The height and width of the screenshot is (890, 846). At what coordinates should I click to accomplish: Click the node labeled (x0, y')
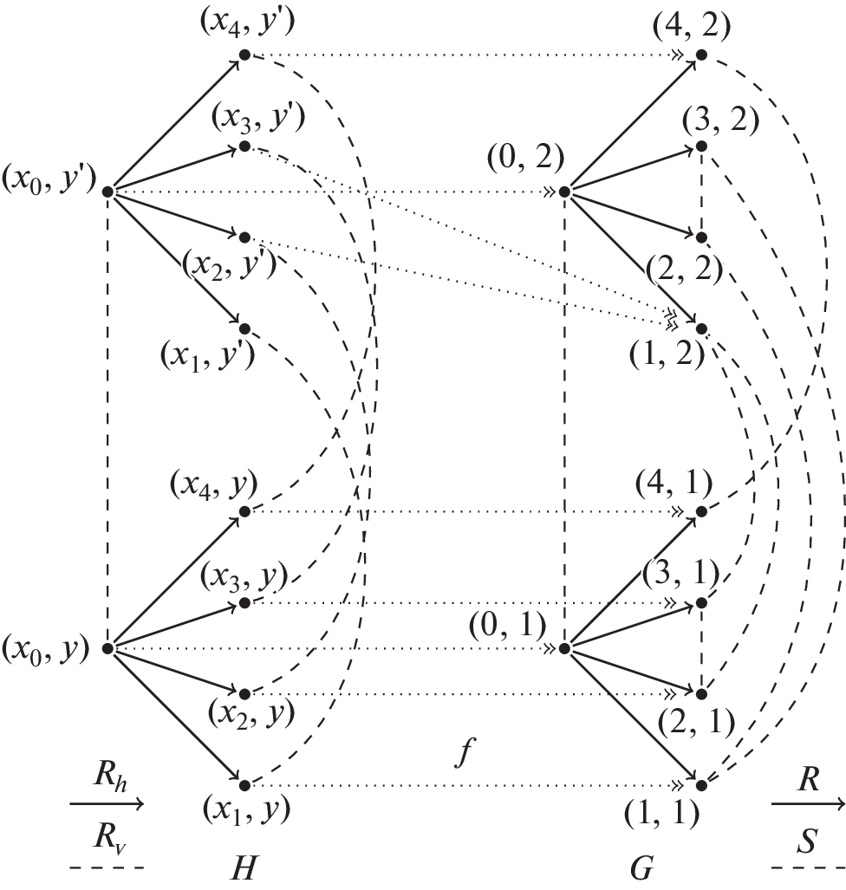point(106,191)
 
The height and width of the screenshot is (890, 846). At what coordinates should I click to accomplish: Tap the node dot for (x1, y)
point(244,785)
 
